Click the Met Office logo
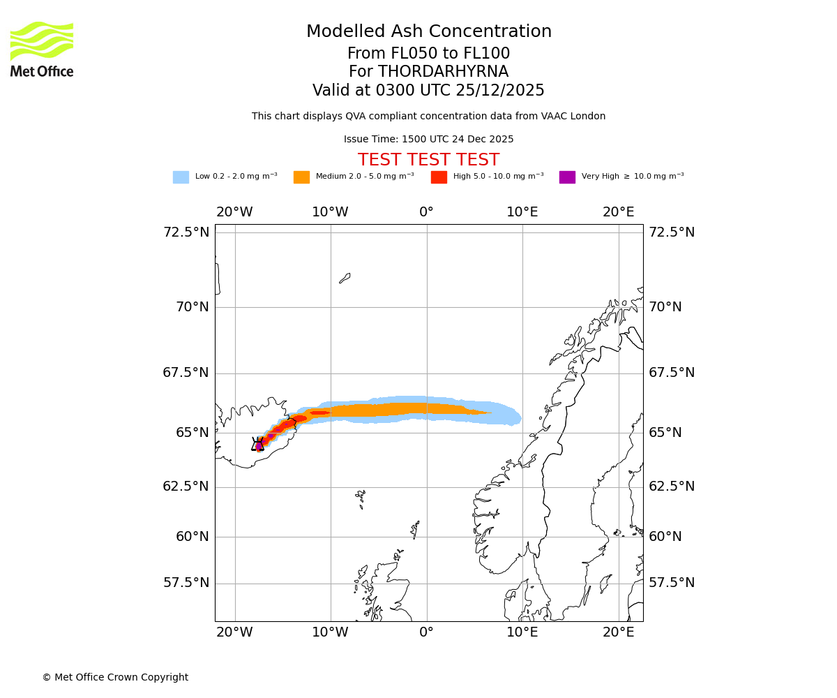tap(42, 49)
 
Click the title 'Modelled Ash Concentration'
tap(428, 31)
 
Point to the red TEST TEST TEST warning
tap(428, 160)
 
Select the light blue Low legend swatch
tap(181, 177)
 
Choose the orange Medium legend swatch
tap(301, 177)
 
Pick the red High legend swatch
tap(439, 177)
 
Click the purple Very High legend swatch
tap(567, 177)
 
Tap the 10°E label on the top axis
tap(522, 212)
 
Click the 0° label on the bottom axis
tap(426, 632)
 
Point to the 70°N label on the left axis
tap(186, 307)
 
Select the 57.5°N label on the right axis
tap(672, 583)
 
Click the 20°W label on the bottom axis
tap(234, 632)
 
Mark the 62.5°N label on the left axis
tap(186, 487)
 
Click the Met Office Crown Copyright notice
tap(115, 677)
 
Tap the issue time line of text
tap(428, 140)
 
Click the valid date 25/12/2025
tap(500, 91)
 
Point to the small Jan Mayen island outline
tap(345, 278)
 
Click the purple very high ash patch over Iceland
tap(259, 445)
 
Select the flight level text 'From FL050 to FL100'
tap(428, 54)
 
